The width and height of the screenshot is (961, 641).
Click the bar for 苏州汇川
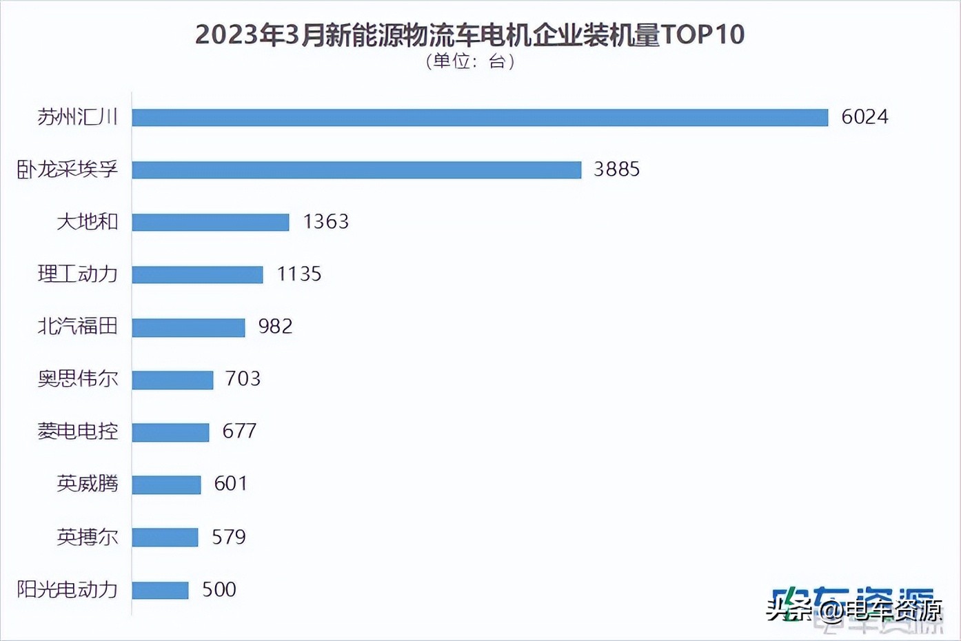click(480, 117)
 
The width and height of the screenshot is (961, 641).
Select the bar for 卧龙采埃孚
click(356, 170)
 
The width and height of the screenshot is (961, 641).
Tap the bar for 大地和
click(210, 222)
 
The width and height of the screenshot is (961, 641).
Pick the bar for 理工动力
click(197, 274)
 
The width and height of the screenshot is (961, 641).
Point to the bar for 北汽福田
click(188, 327)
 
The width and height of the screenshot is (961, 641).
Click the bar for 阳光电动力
click(160, 590)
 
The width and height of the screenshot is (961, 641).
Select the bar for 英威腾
click(166, 485)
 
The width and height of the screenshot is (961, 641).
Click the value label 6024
click(864, 116)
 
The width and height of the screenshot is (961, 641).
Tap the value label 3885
click(616, 169)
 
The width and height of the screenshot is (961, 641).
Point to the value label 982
click(275, 326)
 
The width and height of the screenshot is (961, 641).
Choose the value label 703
click(243, 378)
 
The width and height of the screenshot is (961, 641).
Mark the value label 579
click(228, 537)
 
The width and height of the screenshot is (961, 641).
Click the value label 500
click(219, 589)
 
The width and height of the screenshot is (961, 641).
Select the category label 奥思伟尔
click(77, 378)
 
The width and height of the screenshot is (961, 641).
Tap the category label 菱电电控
click(77, 431)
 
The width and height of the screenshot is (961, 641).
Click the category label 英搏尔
click(87, 537)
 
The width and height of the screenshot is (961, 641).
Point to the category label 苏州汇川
click(77, 116)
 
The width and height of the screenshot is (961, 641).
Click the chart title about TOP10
click(469, 34)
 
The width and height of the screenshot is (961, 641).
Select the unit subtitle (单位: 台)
click(469, 61)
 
